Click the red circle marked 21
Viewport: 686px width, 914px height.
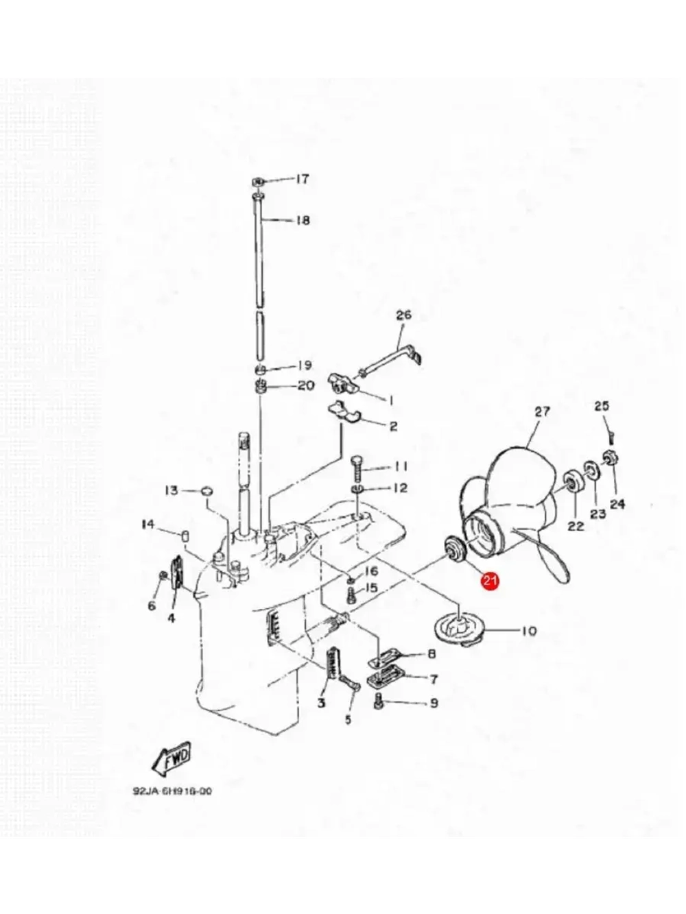point(490,581)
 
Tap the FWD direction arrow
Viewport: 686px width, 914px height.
point(171,756)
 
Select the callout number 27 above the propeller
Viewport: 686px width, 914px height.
point(542,411)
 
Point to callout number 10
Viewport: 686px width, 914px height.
point(529,630)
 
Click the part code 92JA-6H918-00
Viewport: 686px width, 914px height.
point(172,791)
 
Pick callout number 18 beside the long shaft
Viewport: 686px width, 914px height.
point(303,220)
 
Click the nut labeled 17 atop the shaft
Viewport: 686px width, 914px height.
point(257,180)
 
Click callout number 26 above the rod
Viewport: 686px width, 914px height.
point(403,315)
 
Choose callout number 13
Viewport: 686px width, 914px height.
point(171,490)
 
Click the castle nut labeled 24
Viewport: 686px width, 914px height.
point(609,457)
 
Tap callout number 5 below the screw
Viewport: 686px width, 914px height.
point(348,719)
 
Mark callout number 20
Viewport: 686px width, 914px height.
point(306,385)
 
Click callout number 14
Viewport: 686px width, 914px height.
point(148,525)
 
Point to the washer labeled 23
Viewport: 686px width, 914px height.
point(589,470)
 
